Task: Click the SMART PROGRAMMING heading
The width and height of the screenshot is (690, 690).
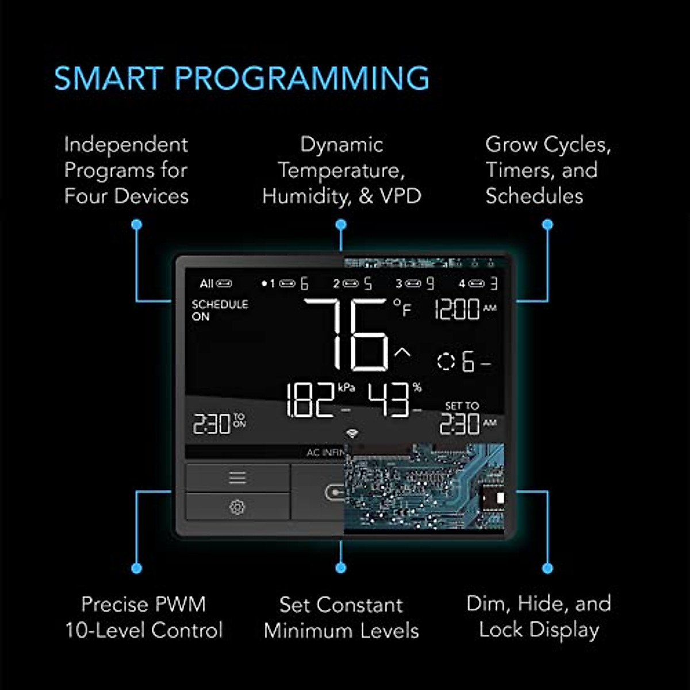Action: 241,79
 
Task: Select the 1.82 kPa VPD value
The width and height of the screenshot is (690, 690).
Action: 310,400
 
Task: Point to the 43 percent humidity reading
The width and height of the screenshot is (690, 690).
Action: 389,400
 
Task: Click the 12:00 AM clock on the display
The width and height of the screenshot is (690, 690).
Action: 457,310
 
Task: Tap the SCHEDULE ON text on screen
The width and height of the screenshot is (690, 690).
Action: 220,310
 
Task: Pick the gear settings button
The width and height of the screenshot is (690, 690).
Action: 237,507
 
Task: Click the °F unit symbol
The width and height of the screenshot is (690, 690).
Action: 403,308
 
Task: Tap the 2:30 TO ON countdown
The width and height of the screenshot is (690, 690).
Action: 218,424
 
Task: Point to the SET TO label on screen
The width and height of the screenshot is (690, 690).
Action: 462,406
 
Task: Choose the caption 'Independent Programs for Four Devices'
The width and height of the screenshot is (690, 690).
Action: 126,170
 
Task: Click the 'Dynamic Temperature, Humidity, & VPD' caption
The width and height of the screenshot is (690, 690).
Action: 342,170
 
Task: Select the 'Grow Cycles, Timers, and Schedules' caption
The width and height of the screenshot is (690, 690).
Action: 547,170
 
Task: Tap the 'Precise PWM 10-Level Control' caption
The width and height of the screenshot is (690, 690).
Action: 144,618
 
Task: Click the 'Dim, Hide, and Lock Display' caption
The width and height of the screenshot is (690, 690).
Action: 539,617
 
